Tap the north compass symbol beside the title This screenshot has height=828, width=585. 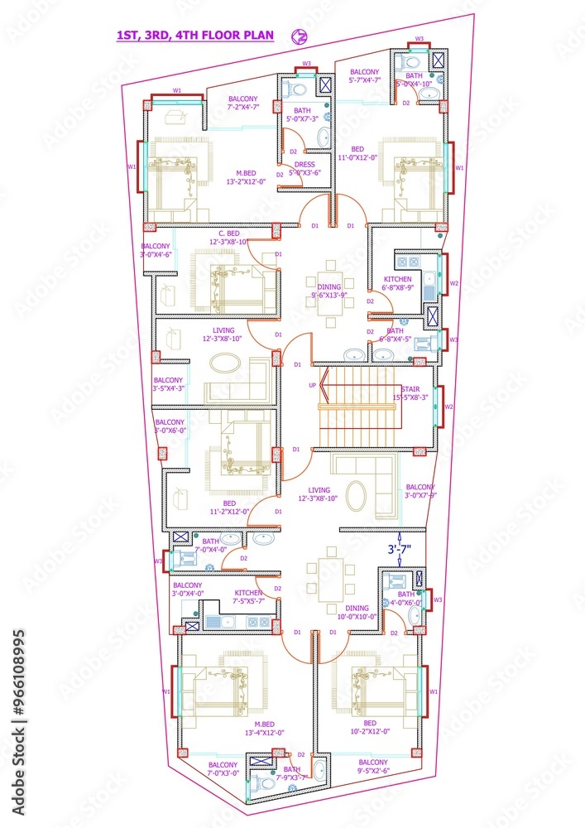(x=300, y=36)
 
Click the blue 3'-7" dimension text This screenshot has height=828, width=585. (x=401, y=548)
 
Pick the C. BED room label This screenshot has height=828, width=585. (x=228, y=237)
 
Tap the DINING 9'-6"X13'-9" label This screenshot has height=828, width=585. (x=328, y=291)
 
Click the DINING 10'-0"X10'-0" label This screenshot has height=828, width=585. (x=357, y=612)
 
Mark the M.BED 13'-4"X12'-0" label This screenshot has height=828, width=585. (x=264, y=727)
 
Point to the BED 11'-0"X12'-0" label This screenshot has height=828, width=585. (x=357, y=153)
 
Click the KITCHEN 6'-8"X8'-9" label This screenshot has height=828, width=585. (x=403, y=283)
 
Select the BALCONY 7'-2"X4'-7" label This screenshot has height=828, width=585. (x=243, y=103)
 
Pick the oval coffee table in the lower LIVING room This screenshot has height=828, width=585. (x=357, y=496)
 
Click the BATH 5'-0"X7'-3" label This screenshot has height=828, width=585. (x=302, y=114)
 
